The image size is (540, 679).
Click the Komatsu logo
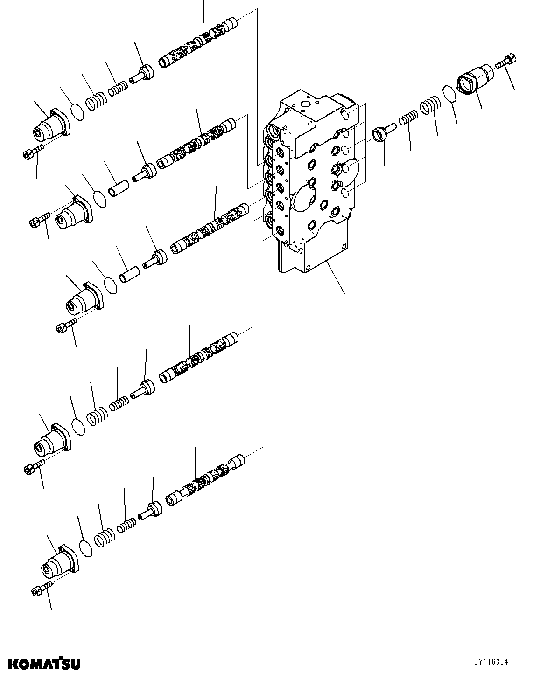(40, 663)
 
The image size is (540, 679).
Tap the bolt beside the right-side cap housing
(507, 61)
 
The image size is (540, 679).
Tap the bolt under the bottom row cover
(42, 590)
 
